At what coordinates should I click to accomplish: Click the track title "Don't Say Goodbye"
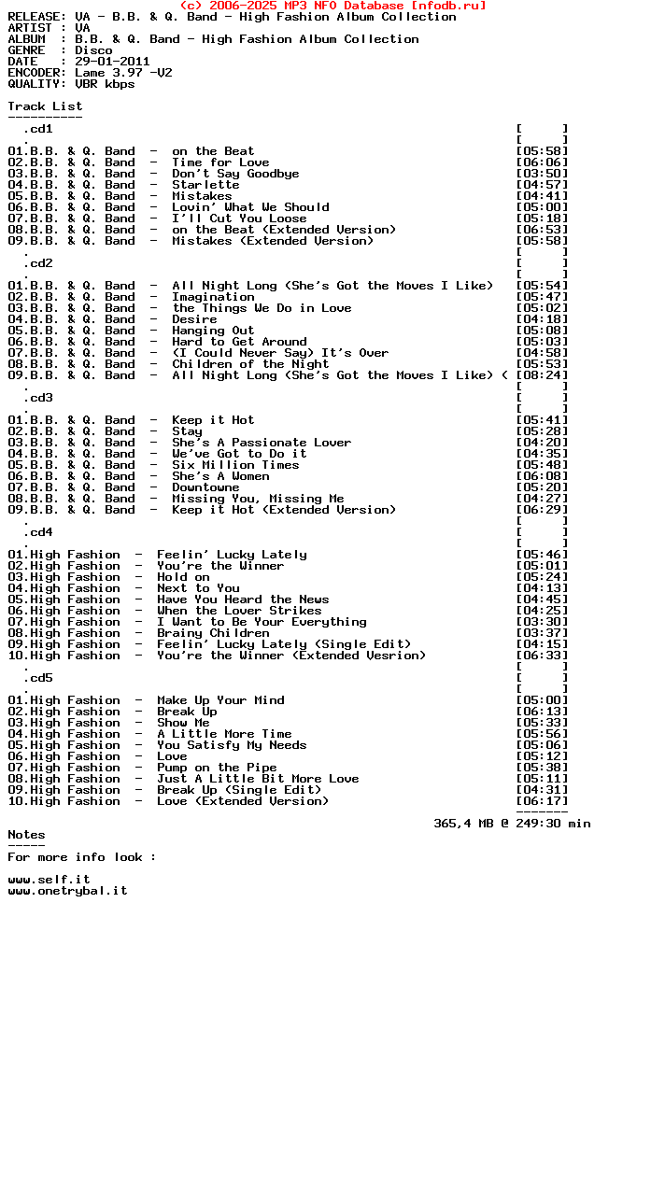tap(235, 174)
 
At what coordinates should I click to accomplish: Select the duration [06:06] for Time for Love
tap(542, 162)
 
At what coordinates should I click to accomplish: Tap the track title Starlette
tap(205, 185)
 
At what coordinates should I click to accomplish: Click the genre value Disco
tap(93, 50)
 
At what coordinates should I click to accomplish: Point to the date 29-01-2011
tap(112, 62)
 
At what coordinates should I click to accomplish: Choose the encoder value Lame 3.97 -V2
tap(123, 73)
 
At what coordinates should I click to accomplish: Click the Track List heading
tap(45, 106)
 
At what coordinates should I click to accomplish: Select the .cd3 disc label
tap(37, 398)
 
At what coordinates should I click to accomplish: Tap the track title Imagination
tap(213, 297)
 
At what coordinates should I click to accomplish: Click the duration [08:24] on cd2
tap(542, 375)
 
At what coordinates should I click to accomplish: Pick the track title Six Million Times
tap(235, 465)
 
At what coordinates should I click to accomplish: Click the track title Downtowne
tap(205, 487)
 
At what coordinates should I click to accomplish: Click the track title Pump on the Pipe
tap(217, 768)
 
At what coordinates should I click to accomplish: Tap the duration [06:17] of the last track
tap(542, 801)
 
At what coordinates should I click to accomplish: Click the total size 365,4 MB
tap(467, 824)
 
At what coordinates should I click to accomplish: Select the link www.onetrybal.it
tap(67, 891)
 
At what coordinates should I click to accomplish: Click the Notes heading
tap(26, 835)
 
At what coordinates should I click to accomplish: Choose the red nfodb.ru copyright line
tap(332, 6)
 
